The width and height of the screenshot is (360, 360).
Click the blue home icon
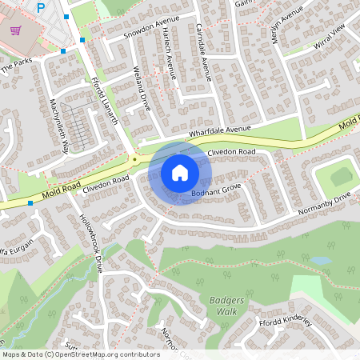180,172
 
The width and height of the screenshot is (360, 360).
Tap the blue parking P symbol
42,8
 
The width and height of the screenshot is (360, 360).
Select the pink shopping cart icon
15,30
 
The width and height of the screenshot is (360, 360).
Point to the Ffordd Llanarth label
106,100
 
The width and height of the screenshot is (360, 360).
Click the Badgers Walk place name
217,305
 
